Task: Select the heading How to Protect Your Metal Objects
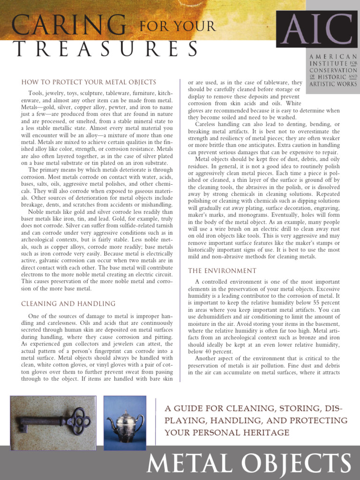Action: [89, 82]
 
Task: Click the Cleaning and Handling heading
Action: [68, 304]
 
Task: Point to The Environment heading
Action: [222, 271]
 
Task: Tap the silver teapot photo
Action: [125, 423]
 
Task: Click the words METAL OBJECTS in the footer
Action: [249, 464]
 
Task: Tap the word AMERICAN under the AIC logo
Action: [333, 56]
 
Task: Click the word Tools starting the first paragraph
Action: [36, 93]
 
